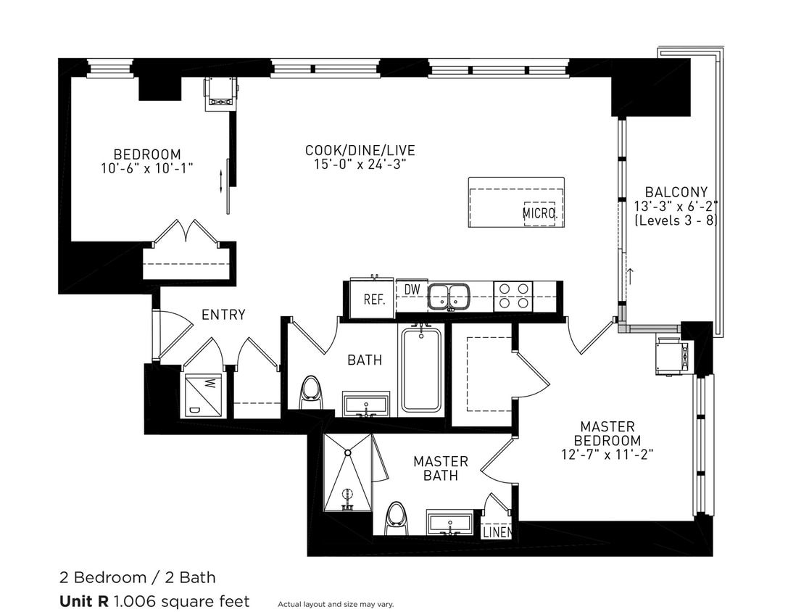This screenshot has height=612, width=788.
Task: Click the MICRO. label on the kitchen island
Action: pyautogui.click(x=539, y=214)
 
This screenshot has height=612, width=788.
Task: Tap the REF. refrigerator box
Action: pyautogui.click(x=373, y=299)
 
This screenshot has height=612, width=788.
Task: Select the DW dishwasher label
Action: pyautogui.click(x=412, y=289)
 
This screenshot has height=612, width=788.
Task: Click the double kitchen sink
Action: pyautogui.click(x=448, y=296)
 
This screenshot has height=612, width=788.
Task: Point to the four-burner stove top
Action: pyautogui.click(x=513, y=296)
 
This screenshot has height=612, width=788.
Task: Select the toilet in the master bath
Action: pyautogui.click(x=396, y=517)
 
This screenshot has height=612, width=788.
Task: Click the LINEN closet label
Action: pyautogui.click(x=497, y=532)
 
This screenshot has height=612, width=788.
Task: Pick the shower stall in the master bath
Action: pyautogui.click(x=348, y=474)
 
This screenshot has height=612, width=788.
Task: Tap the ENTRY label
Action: pyautogui.click(x=223, y=315)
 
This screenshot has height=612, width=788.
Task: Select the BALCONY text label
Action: pyautogui.click(x=676, y=192)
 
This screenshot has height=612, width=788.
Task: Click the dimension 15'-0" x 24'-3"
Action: pyautogui.click(x=360, y=164)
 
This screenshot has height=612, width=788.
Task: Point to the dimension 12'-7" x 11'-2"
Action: pyautogui.click(x=607, y=455)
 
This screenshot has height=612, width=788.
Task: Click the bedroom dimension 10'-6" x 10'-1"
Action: pyautogui.click(x=146, y=168)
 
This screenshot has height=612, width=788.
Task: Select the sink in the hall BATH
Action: pyautogui.click(x=365, y=405)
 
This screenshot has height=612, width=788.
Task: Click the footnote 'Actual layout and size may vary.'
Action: pyautogui.click(x=336, y=604)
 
